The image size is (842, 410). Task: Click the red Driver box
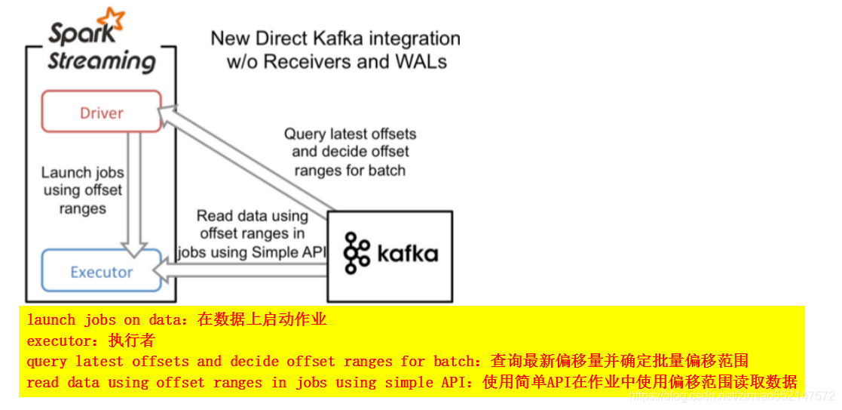tap(101, 112)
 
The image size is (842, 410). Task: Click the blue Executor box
tap(101, 271)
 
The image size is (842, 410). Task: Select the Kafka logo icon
tap(357, 253)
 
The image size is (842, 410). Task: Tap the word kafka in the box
tap(408, 253)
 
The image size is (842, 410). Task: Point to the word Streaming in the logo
tap(101, 60)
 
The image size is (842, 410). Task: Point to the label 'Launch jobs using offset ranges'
tap(82, 190)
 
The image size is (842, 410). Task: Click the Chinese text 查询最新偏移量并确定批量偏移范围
tap(619, 362)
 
